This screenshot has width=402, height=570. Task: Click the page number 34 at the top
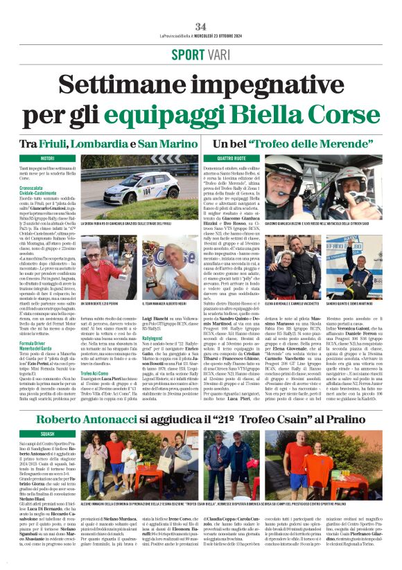coord(201,8)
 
